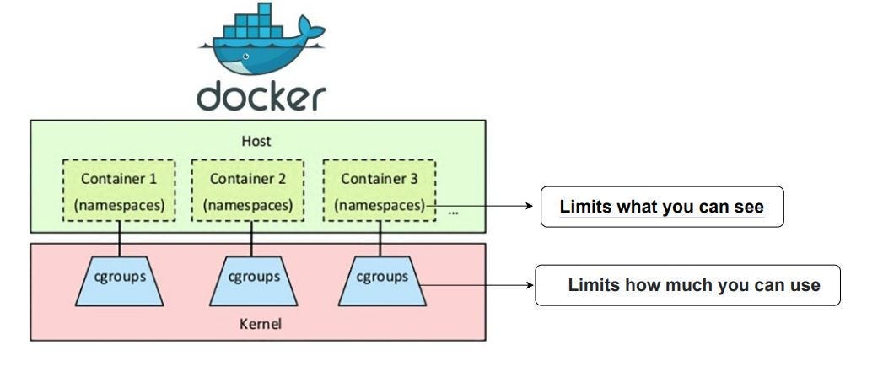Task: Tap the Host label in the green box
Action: click(x=256, y=141)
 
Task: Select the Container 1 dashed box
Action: click(x=118, y=191)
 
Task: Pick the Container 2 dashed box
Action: click(x=247, y=191)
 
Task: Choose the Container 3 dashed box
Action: click(x=379, y=191)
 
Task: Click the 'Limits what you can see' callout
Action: click(x=662, y=207)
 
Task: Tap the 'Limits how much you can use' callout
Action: click(x=688, y=285)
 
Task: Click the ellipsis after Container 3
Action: click(x=454, y=212)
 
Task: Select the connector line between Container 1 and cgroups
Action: click(x=118, y=238)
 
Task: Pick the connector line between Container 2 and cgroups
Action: click(x=249, y=238)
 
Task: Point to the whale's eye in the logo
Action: click(x=245, y=57)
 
